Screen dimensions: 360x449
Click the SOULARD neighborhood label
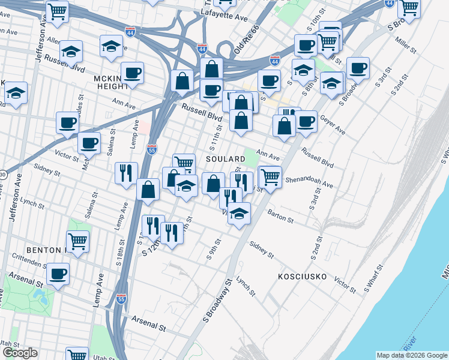click(x=225, y=159)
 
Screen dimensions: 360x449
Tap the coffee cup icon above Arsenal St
click(x=58, y=274)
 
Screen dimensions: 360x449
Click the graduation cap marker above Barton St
click(x=240, y=213)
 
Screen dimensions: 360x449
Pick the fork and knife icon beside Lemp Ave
click(x=126, y=173)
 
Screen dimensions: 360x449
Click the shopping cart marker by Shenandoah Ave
click(x=271, y=176)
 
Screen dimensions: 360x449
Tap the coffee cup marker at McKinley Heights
click(x=132, y=73)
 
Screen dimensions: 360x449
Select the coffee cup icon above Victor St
click(x=89, y=143)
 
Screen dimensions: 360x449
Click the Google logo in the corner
click(x=19, y=353)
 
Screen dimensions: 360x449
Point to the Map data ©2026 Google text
click(x=411, y=355)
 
